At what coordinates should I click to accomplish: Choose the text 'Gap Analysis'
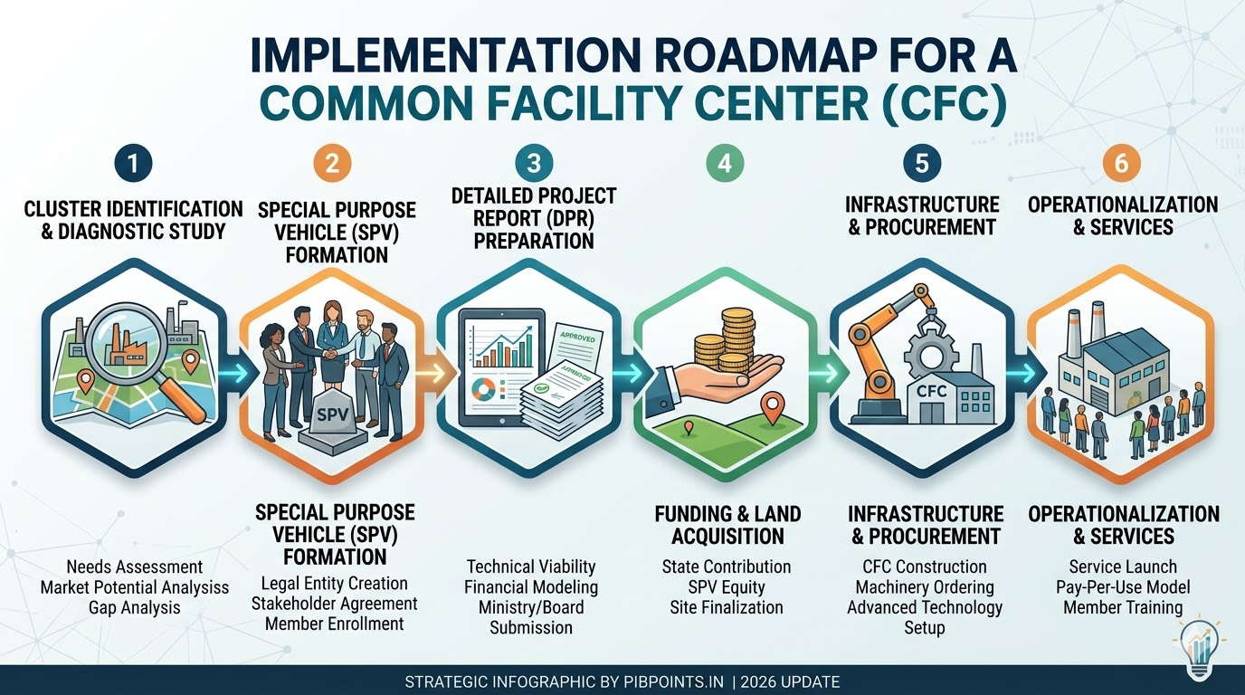tap(134, 607)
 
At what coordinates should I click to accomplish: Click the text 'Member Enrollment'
tap(335, 624)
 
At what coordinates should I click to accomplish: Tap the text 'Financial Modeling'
tap(531, 586)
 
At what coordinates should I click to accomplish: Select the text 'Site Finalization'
tap(727, 607)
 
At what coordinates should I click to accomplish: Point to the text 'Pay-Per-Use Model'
tap(1123, 587)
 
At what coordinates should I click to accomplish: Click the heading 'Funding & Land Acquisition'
tap(727, 525)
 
